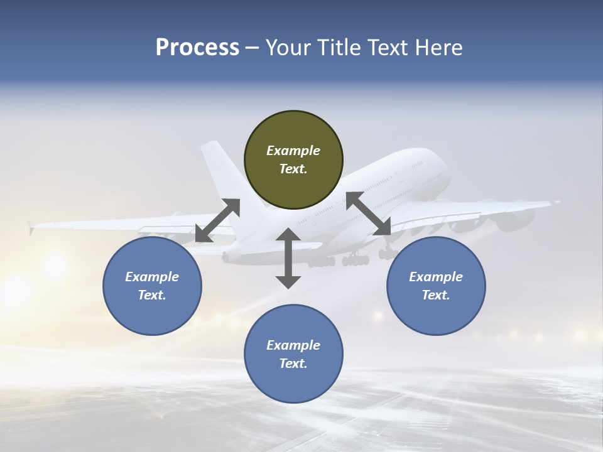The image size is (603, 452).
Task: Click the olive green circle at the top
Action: point(293,159)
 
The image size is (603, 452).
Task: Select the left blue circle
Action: point(152,286)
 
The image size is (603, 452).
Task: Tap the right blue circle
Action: point(436,286)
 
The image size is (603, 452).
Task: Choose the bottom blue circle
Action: point(293,353)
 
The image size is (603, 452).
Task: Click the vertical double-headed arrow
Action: point(288,258)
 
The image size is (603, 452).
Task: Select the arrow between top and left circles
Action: point(217,220)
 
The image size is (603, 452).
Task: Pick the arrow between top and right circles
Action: point(369,214)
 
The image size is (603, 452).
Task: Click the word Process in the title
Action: point(197,48)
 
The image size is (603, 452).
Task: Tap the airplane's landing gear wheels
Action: point(355,259)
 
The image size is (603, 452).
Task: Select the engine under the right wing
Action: point(515,220)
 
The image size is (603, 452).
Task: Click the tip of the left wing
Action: point(30,227)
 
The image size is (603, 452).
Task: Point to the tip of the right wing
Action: point(556,202)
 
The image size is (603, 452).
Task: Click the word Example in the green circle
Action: point(293,151)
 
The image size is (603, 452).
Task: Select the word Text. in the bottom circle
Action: point(293,363)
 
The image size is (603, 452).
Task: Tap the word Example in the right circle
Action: point(436,277)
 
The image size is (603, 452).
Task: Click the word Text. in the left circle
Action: point(152,295)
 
